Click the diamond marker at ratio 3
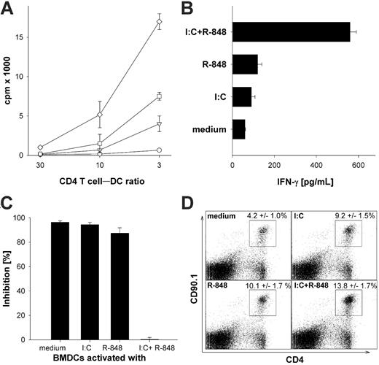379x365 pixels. point(160,22)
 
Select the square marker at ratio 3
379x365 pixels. point(160,96)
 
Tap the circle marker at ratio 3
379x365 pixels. point(160,150)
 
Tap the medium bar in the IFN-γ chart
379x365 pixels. point(238,131)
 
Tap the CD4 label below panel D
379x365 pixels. point(286,357)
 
